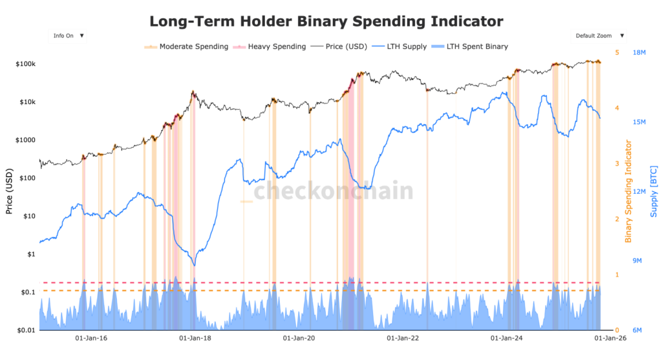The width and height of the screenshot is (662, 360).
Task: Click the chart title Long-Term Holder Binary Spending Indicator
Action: (x=326, y=21)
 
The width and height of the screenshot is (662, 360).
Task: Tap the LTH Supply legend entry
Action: (x=405, y=47)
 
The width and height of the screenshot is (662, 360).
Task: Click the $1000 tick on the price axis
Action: (x=25, y=140)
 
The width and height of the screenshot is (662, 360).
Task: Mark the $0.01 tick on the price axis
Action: (x=25, y=330)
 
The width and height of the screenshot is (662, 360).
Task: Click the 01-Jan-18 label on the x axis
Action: (x=192, y=338)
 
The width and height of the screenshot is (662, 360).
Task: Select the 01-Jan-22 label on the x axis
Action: (x=401, y=338)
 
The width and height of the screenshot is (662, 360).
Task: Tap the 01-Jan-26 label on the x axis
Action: (x=610, y=338)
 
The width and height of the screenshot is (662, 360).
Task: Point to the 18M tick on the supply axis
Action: (x=640, y=52)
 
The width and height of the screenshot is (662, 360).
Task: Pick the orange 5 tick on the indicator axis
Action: (x=617, y=52)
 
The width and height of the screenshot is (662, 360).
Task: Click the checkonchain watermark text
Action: (x=332, y=191)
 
